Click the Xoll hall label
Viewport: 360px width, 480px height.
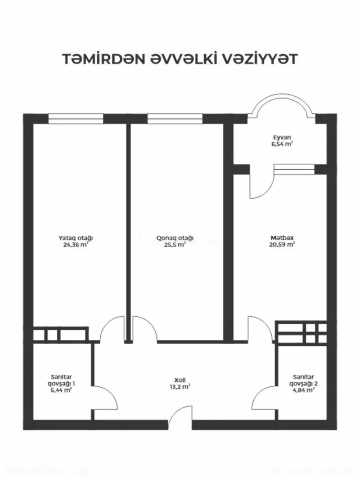pos(179,380)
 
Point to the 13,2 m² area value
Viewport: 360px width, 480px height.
pos(179,387)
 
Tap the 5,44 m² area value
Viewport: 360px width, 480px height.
pos(62,390)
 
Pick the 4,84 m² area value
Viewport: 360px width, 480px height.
pos(303,390)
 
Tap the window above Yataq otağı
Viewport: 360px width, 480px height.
pos(76,119)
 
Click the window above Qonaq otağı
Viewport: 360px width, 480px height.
pos(175,119)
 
